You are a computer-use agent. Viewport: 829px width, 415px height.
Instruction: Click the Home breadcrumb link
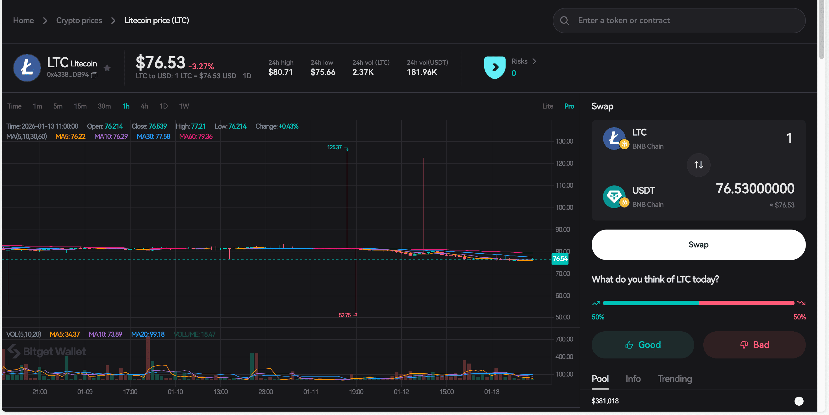[x=23, y=21]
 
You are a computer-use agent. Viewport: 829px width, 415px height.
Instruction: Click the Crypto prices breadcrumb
[x=79, y=21]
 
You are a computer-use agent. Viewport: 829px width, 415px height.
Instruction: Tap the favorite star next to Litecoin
[x=107, y=68]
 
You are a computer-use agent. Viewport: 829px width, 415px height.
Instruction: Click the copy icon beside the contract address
[x=94, y=75]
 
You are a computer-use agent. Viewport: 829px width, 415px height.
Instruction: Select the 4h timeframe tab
[x=144, y=106]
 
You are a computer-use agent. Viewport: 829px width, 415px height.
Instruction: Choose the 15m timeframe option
[x=80, y=106]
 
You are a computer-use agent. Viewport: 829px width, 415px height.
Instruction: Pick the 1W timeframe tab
[x=184, y=106]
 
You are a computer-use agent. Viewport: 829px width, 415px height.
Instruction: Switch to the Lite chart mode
[x=547, y=106]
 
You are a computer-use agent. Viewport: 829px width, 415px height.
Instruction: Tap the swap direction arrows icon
[x=698, y=165]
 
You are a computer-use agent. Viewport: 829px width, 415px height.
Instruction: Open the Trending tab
[x=674, y=379]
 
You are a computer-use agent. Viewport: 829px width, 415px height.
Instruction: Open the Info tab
[x=633, y=379]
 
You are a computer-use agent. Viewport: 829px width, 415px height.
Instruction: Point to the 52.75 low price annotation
[x=345, y=315]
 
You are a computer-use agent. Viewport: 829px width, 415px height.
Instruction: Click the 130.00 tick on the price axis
[x=564, y=141]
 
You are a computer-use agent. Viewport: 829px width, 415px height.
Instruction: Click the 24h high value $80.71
[x=280, y=72]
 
